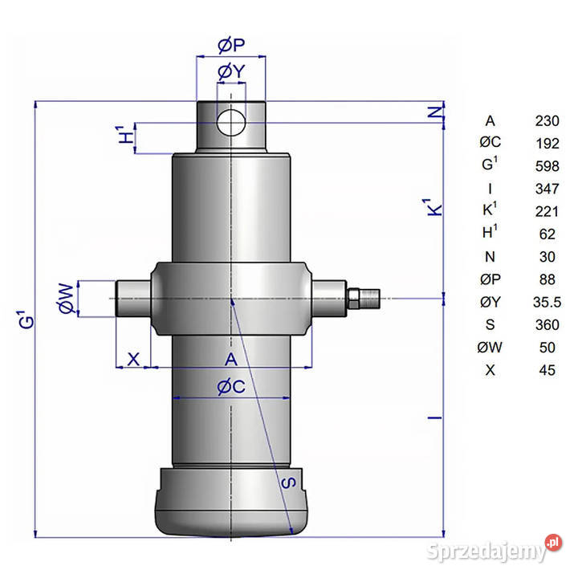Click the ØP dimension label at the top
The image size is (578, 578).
231,46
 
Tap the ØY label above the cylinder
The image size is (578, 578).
230,73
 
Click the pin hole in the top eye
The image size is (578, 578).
231,122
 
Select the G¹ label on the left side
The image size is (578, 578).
28,319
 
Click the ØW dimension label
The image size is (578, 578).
67,297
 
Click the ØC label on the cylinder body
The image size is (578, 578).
230,386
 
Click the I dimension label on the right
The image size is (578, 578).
433,417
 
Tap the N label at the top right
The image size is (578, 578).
434,112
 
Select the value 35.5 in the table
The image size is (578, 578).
547,302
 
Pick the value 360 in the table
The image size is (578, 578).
547,324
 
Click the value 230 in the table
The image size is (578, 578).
547,121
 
